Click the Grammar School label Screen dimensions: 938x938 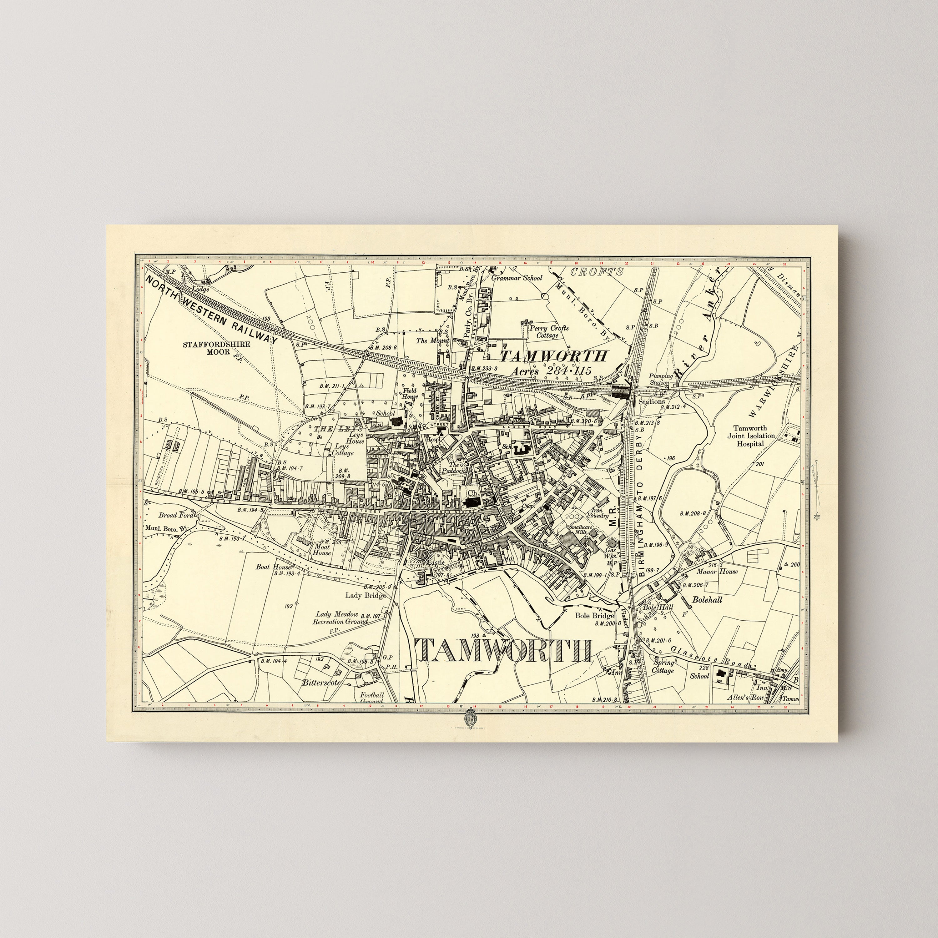click(x=517, y=278)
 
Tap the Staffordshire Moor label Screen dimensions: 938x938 click(x=217, y=348)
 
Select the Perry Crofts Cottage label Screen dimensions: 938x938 click(x=549, y=332)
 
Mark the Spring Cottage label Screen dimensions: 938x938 click(x=663, y=667)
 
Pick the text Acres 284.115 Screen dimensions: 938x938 click(x=552, y=371)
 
